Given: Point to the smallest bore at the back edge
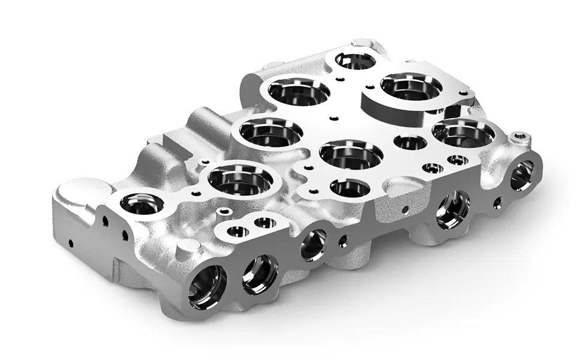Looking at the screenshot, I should point(354,60).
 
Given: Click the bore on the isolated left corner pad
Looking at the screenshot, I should point(142,204).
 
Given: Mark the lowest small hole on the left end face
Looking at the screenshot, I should point(71,244).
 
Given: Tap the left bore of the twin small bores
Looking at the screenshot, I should point(238,231).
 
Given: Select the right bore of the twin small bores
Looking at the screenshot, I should point(265,223).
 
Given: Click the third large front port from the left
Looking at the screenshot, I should point(313,244).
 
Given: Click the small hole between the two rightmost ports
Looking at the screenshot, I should point(497,203).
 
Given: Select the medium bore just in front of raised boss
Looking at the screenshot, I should point(410,142).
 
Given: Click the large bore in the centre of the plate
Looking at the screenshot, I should point(351,154).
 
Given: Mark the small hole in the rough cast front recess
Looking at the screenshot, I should point(405,209).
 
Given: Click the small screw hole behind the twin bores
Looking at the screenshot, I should point(224,211).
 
